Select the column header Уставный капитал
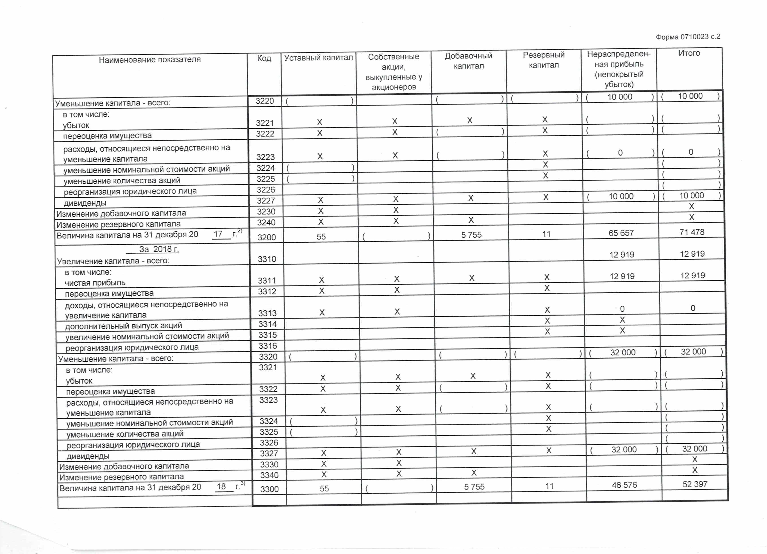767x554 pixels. (x=318, y=58)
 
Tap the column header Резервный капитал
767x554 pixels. (x=544, y=60)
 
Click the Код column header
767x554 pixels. (x=264, y=59)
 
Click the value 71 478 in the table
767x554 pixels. (x=692, y=232)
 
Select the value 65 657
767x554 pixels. (x=621, y=233)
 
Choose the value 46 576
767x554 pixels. (x=624, y=485)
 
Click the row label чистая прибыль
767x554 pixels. (x=95, y=283)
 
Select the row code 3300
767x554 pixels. (x=269, y=489)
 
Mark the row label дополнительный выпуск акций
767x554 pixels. (x=123, y=325)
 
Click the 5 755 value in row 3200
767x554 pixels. (x=471, y=235)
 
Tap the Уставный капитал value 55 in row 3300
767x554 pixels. (x=324, y=488)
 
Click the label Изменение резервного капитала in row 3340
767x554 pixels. (x=121, y=477)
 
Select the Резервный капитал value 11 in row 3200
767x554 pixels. (x=546, y=234)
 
